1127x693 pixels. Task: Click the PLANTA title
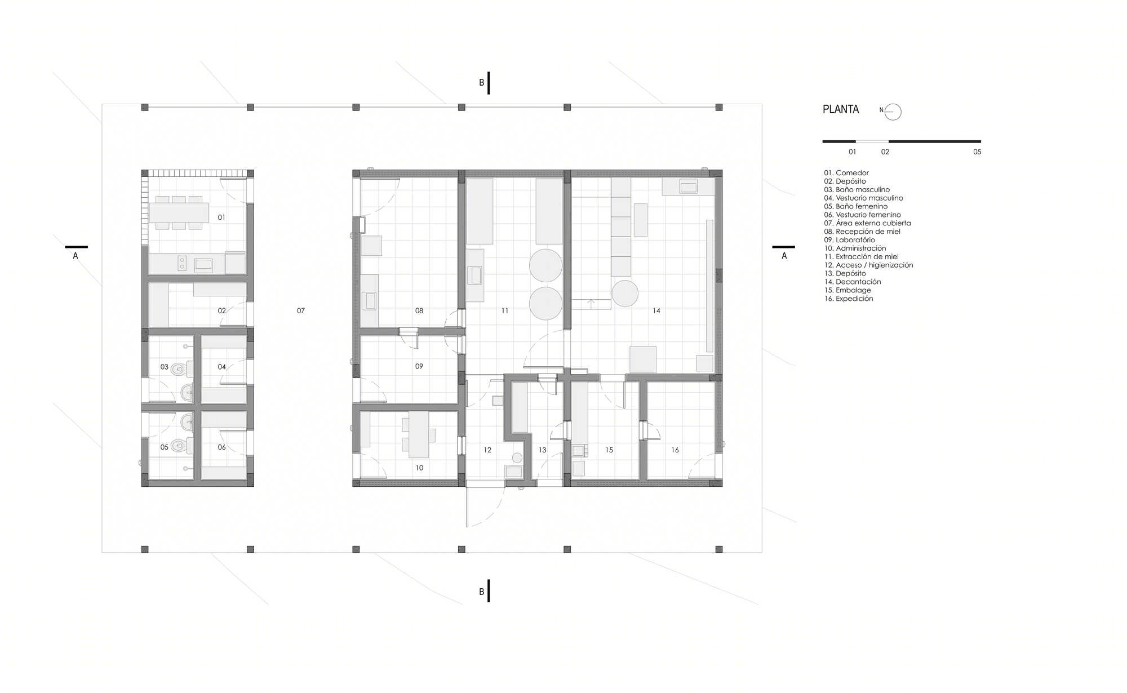(x=841, y=109)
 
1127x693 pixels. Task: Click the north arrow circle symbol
(x=893, y=112)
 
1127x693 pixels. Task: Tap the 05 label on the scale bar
(x=977, y=152)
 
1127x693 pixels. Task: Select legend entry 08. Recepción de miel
(x=862, y=232)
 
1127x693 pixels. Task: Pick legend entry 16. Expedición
(x=849, y=299)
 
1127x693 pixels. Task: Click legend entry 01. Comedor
(x=846, y=173)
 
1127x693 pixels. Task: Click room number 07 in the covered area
(x=301, y=310)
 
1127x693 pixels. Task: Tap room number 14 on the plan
(x=656, y=310)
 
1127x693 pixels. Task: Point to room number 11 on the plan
(x=505, y=310)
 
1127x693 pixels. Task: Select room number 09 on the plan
(x=419, y=366)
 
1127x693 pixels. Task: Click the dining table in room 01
(x=179, y=212)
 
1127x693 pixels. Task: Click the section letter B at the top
(x=482, y=83)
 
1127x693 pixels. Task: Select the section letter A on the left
(x=76, y=256)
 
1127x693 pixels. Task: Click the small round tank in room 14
(x=625, y=294)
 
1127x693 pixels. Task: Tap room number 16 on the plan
(x=675, y=450)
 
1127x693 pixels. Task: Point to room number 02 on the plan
(x=222, y=310)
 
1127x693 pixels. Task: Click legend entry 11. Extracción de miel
(x=862, y=257)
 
